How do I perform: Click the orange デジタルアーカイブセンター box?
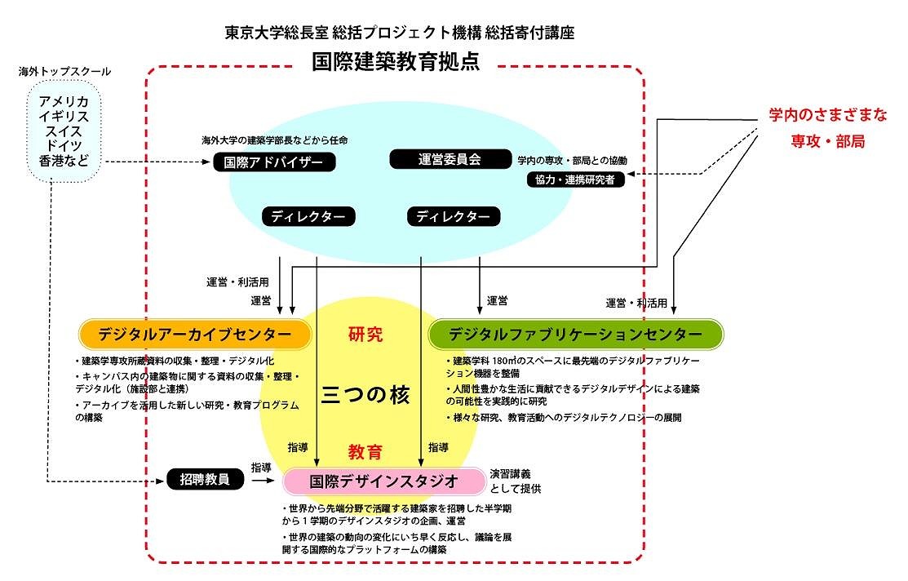[196, 335]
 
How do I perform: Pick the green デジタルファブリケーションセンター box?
[575, 335]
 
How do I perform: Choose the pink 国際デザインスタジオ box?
[384, 481]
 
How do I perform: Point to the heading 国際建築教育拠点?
[396, 62]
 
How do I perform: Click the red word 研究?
[365, 335]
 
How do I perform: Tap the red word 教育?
[365, 451]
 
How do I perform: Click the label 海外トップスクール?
[64, 72]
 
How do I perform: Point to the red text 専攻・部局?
[827, 141]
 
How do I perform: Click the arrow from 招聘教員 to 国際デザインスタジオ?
[264, 481]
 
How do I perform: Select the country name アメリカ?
[64, 100]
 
